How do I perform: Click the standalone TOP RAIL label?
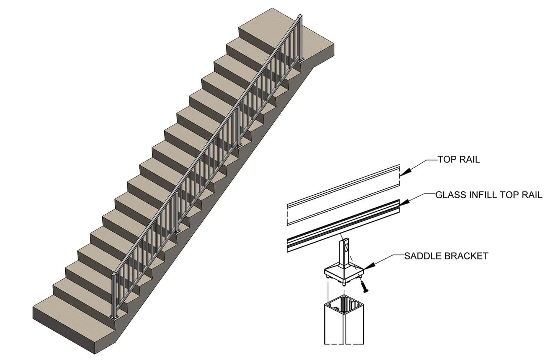pyautogui.click(x=459, y=159)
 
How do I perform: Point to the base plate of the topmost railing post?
pyautogui.click(x=302, y=60)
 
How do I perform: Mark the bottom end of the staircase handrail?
pyautogui.click(x=113, y=274)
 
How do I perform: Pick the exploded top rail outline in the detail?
pyautogui.click(x=343, y=195)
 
